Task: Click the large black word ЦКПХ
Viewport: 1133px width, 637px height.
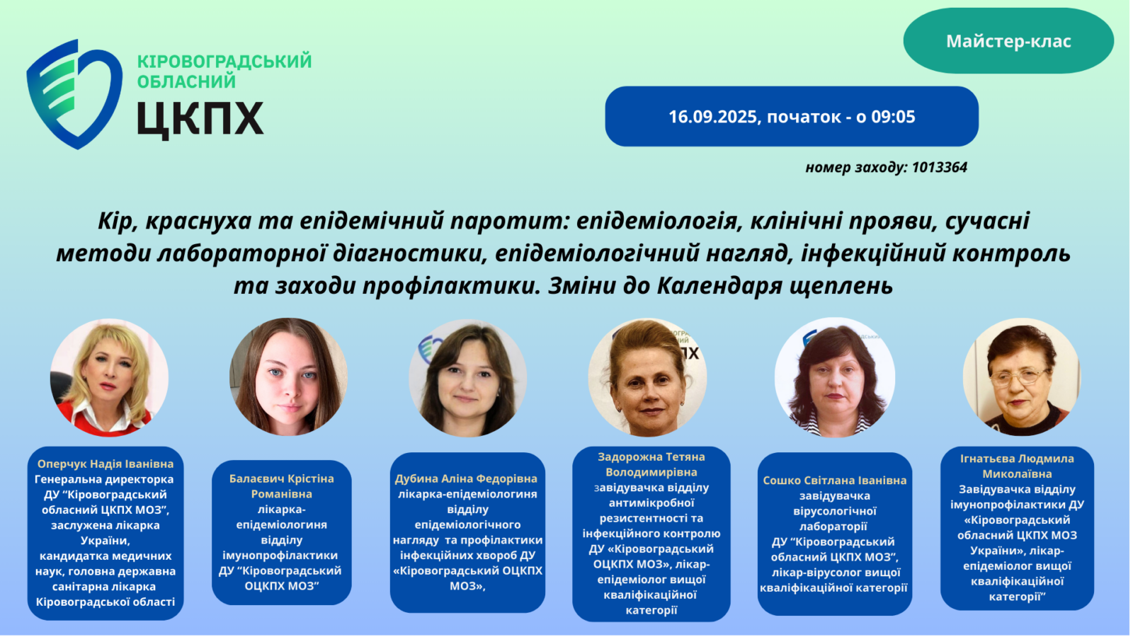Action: pyautogui.click(x=200, y=118)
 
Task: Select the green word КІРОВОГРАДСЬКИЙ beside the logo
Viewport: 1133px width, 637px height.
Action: pyautogui.click(x=224, y=61)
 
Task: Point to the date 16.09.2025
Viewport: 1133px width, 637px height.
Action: pyautogui.click(x=712, y=117)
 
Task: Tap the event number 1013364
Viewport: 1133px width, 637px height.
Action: pyautogui.click(x=940, y=167)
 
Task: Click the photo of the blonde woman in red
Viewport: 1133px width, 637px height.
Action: pyautogui.click(x=109, y=378)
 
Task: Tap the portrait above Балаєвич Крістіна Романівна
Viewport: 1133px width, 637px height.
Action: pyautogui.click(x=288, y=377)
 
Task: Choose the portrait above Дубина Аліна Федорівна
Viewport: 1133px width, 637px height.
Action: pyautogui.click(x=468, y=378)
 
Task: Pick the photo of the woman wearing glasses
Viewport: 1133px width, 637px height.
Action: pyautogui.click(x=1022, y=377)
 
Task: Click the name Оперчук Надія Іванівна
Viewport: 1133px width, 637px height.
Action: pyautogui.click(x=106, y=464)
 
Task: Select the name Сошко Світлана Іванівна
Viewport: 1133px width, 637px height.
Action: pyautogui.click(x=835, y=481)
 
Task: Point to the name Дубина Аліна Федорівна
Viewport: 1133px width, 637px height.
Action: pyautogui.click(x=467, y=478)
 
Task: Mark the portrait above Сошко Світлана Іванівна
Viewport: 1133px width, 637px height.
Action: pyautogui.click(x=835, y=377)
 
